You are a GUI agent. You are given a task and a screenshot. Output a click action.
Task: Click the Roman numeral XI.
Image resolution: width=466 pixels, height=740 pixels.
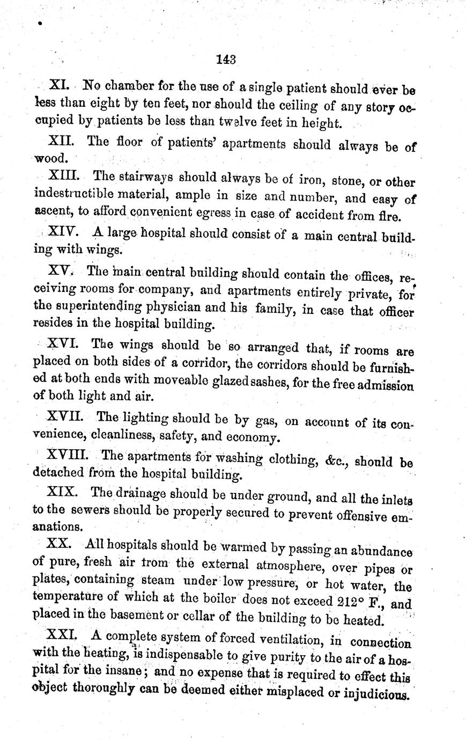coord(57,85)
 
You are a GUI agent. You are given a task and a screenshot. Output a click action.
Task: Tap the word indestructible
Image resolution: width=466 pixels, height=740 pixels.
coord(74,193)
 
